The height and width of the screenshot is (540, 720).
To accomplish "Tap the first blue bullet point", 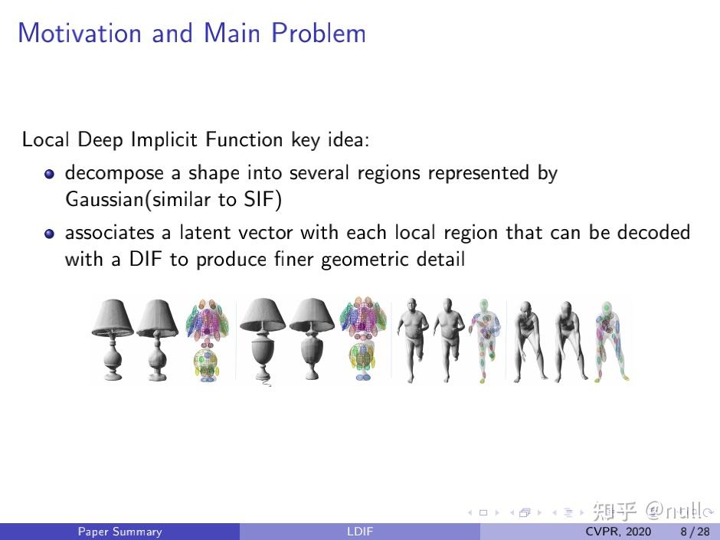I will [x=49, y=174].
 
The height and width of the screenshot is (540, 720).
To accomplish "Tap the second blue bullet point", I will [x=49, y=233].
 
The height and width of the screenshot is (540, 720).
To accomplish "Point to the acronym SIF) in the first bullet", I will [x=263, y=201].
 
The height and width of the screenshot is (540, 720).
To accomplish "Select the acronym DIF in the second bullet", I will [x=146, y=260].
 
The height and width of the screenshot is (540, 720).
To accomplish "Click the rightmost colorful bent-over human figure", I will [x=610, y=341].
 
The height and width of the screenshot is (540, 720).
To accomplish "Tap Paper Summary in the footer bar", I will [x=119, y=532].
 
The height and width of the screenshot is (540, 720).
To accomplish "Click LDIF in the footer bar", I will [x=359, y=532].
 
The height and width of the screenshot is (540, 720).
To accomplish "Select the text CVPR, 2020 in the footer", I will [x=618, y=532].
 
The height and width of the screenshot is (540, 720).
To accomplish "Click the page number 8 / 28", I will [x=694, y=532].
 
